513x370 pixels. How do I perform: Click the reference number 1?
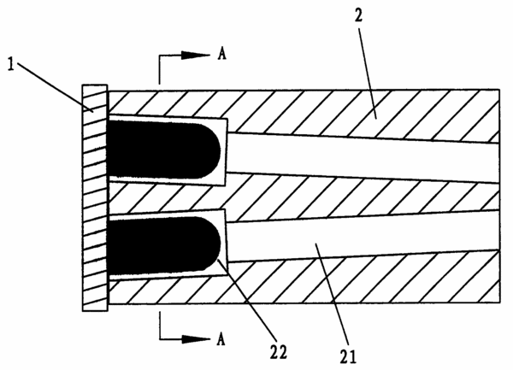(x=11, y=65)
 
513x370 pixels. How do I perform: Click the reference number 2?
(x=359, y=15)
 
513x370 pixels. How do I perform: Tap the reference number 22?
(x=279, y=352)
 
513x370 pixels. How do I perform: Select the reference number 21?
(x=348, y=356)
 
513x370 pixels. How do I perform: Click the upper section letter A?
(x=221, y=54)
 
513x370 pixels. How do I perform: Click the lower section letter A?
(x=221, y=339)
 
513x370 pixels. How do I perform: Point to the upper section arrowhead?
(x=196, y=56)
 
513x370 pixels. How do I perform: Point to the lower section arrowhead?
(x=196, y=339)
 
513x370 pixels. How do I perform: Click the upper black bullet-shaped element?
(x=163, y=150)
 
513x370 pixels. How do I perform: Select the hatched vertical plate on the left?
(x=95, y=197)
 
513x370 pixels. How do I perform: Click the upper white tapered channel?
(x=363, y=157)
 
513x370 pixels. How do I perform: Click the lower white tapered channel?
(x=363, y=237)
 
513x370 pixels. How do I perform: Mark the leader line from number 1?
(x=55, y=86)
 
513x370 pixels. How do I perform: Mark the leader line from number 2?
(x=367, y=73)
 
